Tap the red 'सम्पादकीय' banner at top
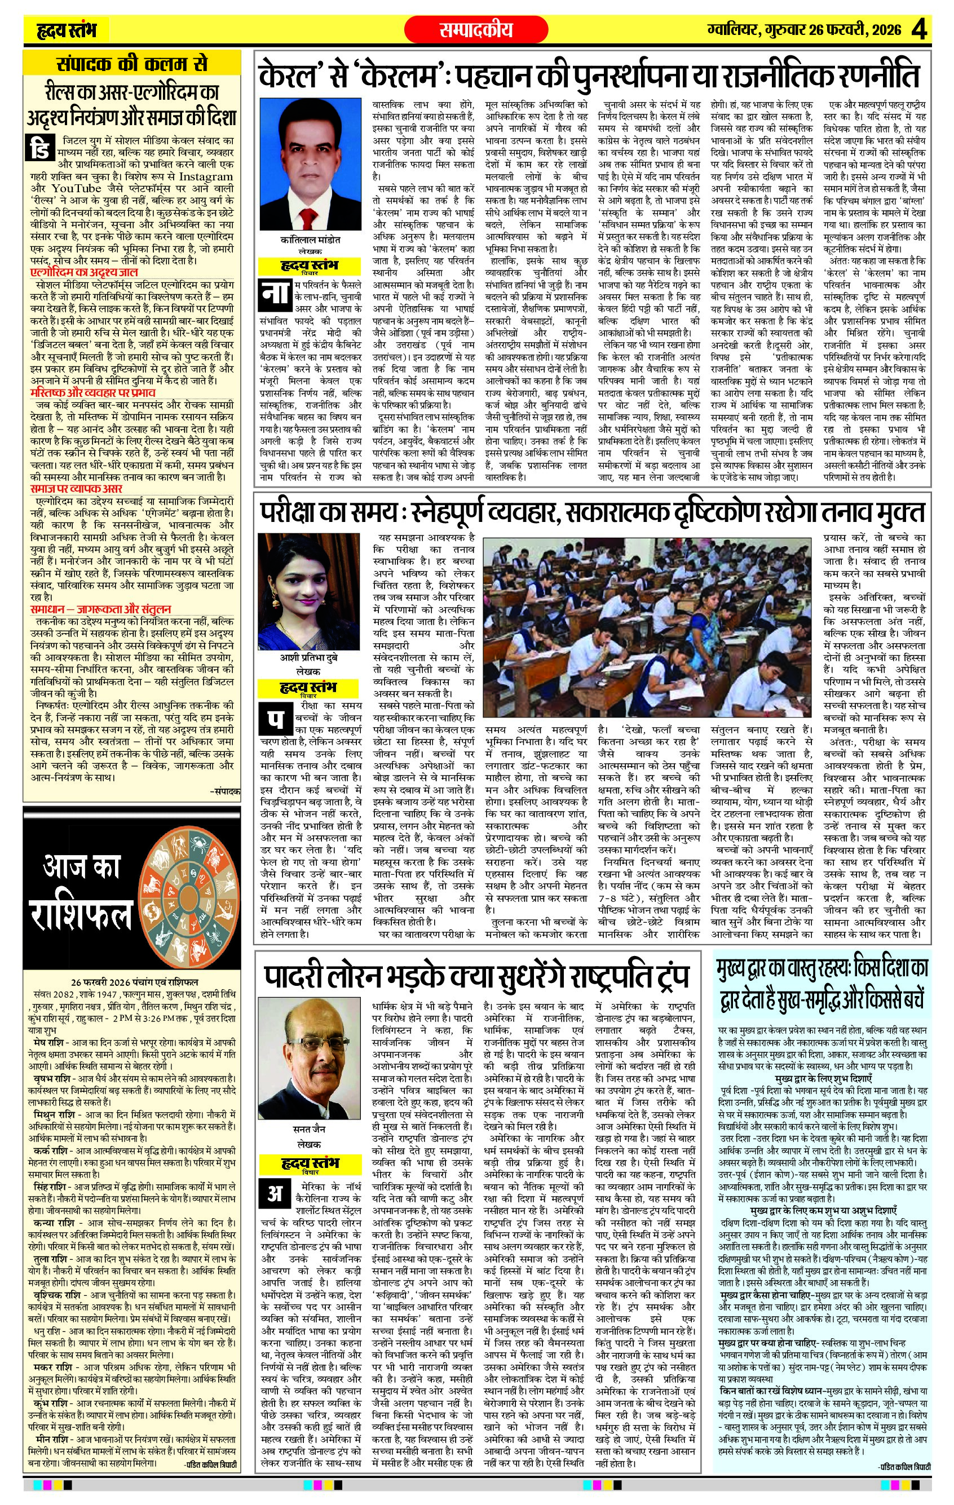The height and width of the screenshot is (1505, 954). [476, 29]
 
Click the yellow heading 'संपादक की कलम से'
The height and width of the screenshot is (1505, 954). [131, 65]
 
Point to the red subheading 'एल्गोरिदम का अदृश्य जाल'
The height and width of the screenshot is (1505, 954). [84, 272]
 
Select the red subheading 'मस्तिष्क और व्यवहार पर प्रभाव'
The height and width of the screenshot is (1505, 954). [92, 393]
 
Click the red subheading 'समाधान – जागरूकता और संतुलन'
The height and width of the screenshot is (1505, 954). [100, 609]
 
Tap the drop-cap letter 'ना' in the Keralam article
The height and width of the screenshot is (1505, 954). [276, 294]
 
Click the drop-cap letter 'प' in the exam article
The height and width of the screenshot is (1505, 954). [276, 720]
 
